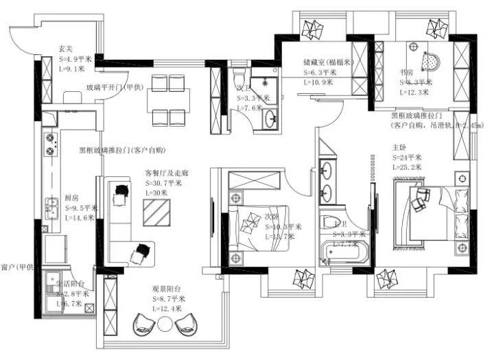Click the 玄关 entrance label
66,49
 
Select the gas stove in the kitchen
50,143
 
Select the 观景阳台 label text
167,290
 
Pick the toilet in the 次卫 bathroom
239,72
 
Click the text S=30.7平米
163,183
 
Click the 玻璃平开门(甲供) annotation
115,87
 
